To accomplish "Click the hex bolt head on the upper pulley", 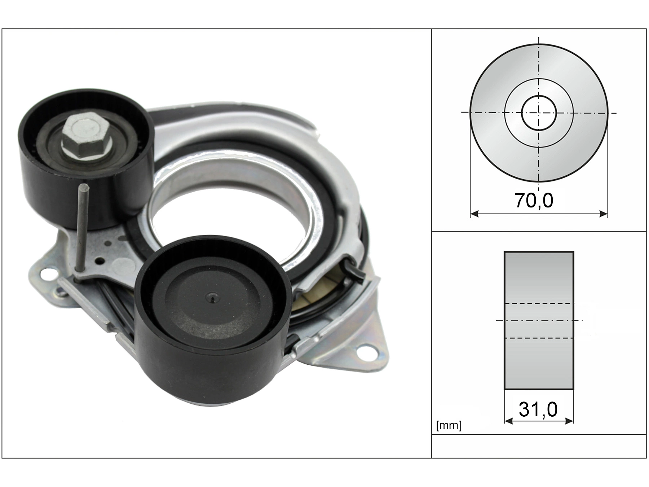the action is [x=86, y=135].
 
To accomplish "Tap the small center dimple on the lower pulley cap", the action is [x=212, y=298].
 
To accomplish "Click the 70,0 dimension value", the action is [x=534, y=200].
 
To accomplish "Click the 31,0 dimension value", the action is [x=538, y=409].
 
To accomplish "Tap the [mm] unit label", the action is [x=449, y=426].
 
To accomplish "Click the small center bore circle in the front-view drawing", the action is [x=539, y=113].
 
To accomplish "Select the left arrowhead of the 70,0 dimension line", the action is [x=475, y=214].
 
